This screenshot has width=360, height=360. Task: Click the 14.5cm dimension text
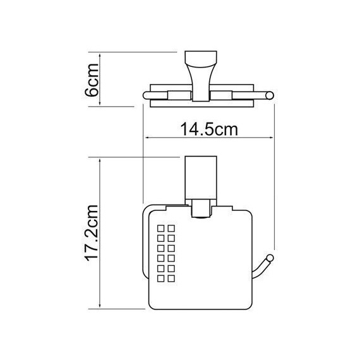(208, 130)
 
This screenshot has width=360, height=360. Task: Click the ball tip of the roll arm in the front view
(270, 257)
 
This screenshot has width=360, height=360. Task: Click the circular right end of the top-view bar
(271, 96)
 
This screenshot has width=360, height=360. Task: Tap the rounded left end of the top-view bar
(148, 96)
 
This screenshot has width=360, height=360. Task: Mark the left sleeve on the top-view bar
(177, 96)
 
